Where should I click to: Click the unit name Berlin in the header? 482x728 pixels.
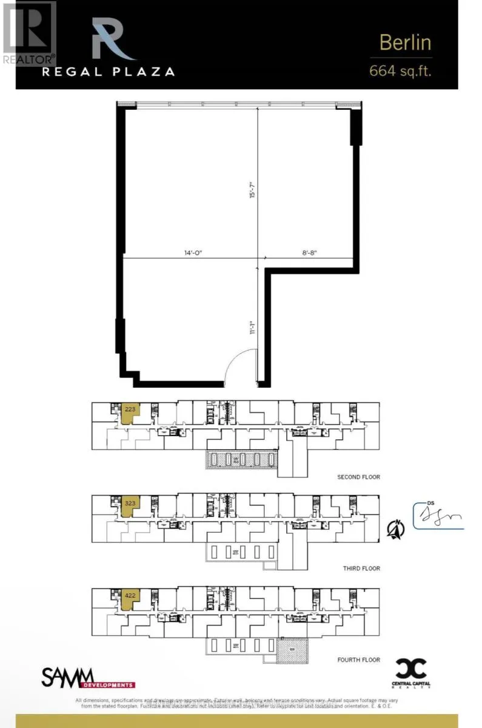coord(405,42)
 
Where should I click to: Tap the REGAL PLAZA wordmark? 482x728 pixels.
coord(108,71)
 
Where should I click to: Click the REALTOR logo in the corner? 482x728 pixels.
coord(28,33)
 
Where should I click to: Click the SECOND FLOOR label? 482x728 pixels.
coord(359,477)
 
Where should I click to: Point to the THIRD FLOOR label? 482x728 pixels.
coord(361,568)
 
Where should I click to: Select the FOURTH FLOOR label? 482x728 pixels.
coord(359,660)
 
